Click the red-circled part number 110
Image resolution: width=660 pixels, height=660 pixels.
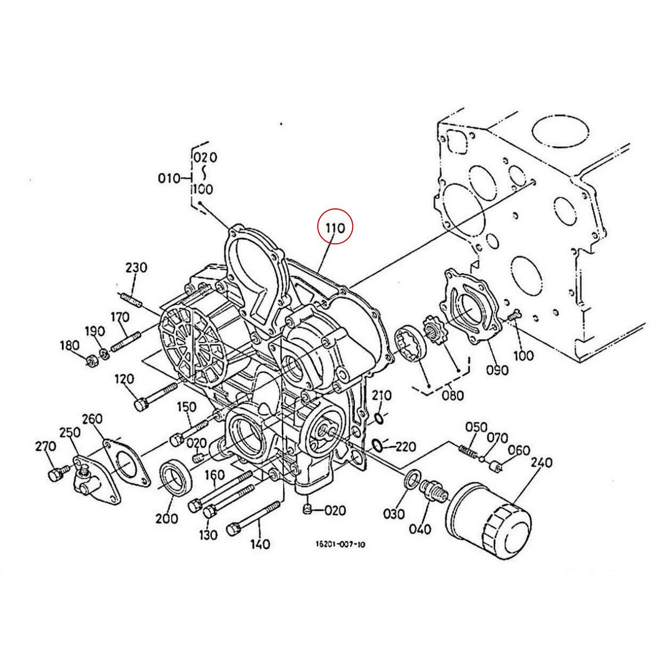335,227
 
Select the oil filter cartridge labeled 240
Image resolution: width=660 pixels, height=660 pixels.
488,520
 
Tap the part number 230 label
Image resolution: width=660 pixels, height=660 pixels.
136,268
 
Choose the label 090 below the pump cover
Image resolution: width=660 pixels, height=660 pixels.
497,370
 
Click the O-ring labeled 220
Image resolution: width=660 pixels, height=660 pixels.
377,444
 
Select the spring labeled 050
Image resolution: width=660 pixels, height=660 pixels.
467,451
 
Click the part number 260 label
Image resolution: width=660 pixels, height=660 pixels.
92,419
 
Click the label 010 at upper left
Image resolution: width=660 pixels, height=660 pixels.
169,178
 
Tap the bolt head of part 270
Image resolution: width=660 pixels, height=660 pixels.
54,475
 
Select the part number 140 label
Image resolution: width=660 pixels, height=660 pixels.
260,544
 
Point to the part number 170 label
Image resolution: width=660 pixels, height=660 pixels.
119,317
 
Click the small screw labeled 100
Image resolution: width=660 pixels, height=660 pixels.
514,317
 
